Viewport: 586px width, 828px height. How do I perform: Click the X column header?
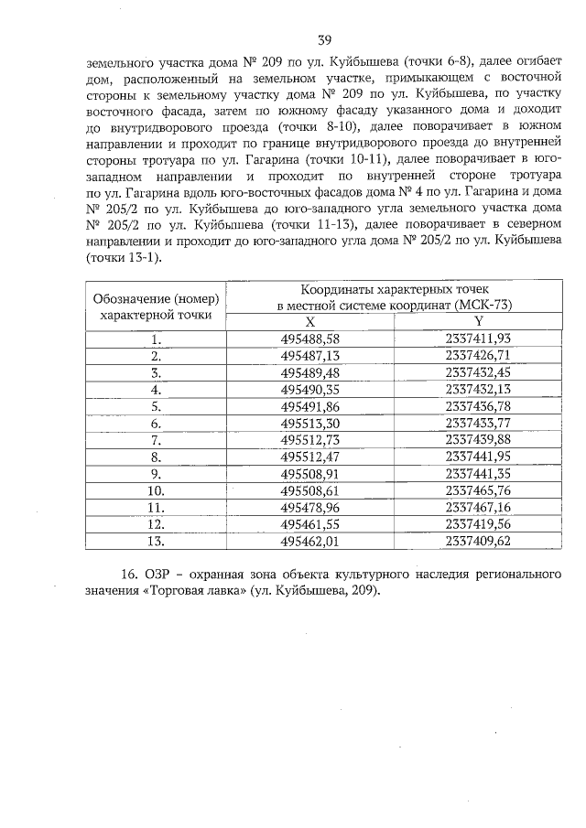pos(309,321)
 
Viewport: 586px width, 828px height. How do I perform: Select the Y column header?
pos(477,321)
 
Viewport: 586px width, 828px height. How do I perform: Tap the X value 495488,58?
pos(309,339)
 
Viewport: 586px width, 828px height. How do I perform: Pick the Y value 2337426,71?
pos(477,355)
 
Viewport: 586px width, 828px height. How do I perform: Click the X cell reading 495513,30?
pos(309,423)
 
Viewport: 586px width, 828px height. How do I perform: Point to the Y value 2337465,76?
pos(477,490)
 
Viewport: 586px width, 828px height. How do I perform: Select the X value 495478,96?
pos(309,507)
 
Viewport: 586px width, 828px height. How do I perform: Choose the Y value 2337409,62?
pos(477,541)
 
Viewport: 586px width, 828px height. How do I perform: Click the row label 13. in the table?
pos(156,541)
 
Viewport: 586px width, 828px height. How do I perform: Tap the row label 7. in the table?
pos(156,440)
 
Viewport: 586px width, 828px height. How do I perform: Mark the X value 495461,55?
pos(309,524)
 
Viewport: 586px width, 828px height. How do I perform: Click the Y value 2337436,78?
pos(477,406)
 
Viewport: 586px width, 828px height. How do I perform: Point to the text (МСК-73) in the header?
pos(479,305)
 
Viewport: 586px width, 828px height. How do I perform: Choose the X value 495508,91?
pos(309,474)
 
